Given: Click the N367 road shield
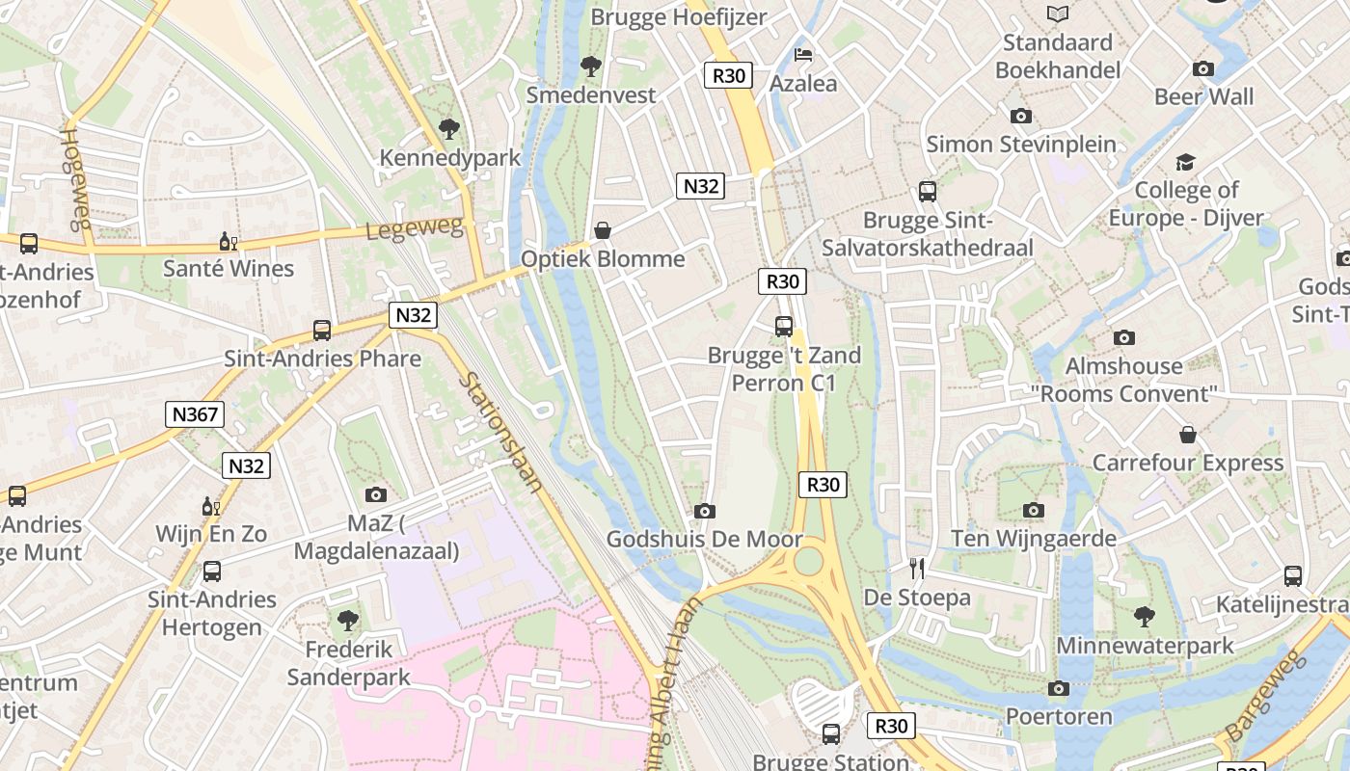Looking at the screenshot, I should (x=196, y=415).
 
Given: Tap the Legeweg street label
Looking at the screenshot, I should (x=415, y=229).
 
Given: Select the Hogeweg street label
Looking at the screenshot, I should (x=75, y=177).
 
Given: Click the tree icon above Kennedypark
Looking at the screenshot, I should (x=448, y=128).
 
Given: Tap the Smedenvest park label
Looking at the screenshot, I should (x=590, y=94).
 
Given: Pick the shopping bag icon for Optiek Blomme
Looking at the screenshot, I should (x=603, y=230).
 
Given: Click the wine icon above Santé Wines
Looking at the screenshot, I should (x=229, y=241).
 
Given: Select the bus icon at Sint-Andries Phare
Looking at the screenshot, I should (x=322, y=331).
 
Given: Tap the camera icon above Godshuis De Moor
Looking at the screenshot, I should (x=705, y=511).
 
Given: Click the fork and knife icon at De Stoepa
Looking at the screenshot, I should (x=917, y=569).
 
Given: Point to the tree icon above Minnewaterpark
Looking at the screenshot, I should (x=1145, y=616).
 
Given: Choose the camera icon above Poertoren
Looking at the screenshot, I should (x=1059, y=688).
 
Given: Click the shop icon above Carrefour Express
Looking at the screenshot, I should (x=1188, y=435).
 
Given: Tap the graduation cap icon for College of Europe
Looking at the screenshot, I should (x=1185, y=162).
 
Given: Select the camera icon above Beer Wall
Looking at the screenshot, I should (x=1203, y=68).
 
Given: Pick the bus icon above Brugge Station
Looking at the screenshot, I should (x=831, y=734).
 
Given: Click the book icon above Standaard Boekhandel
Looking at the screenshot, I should (x=1058, y=13).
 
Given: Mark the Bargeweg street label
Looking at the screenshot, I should (x=1264, y=697).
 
